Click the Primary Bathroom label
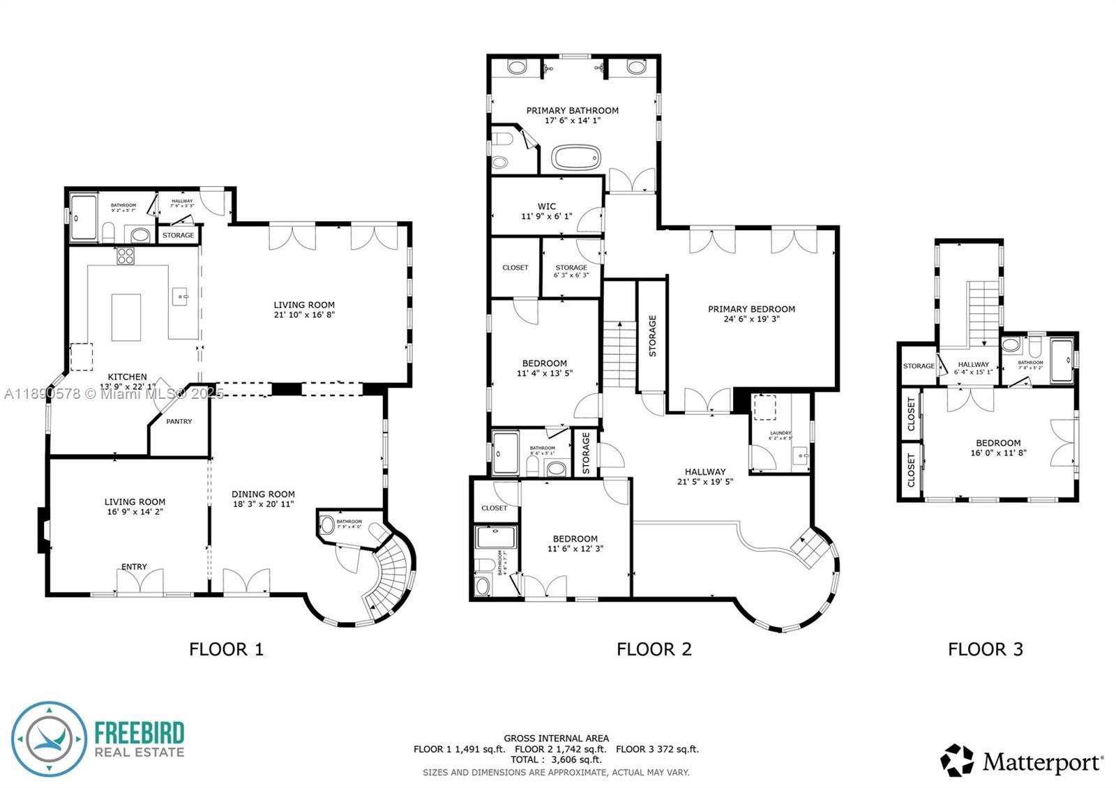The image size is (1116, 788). pos(572,110)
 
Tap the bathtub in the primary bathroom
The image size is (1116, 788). pos(576,158)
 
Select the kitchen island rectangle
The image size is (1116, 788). pos(126,317)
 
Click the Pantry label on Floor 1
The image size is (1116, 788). pos(179,421)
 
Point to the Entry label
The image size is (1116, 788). pos(134,566)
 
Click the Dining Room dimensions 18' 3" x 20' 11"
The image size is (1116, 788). pos(263,503)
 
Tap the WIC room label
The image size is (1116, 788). pos(546,206)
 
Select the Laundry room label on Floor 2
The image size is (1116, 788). pos(780,434)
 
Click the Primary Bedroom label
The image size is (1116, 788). pos(751,309)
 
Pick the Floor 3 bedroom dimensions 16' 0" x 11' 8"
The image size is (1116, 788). pos(998,453)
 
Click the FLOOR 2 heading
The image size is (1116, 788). pos(654,649)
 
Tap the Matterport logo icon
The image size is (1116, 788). pos(957,760)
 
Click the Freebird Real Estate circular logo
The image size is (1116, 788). pos(49,738)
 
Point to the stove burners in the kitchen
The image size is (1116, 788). pos(126,256)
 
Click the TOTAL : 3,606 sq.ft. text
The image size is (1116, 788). pos(556,759)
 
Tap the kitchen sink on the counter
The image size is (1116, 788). pos(182,296)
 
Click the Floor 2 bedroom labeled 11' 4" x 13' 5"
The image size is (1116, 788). pos(544,368)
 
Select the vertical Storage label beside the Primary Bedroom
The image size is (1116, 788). pos(652,336)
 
